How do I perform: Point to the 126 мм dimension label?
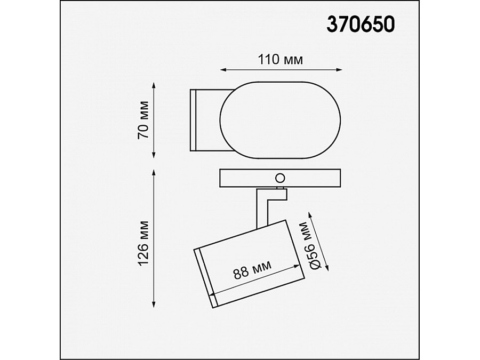coord(143,238)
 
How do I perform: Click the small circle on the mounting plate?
coord(279,178)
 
